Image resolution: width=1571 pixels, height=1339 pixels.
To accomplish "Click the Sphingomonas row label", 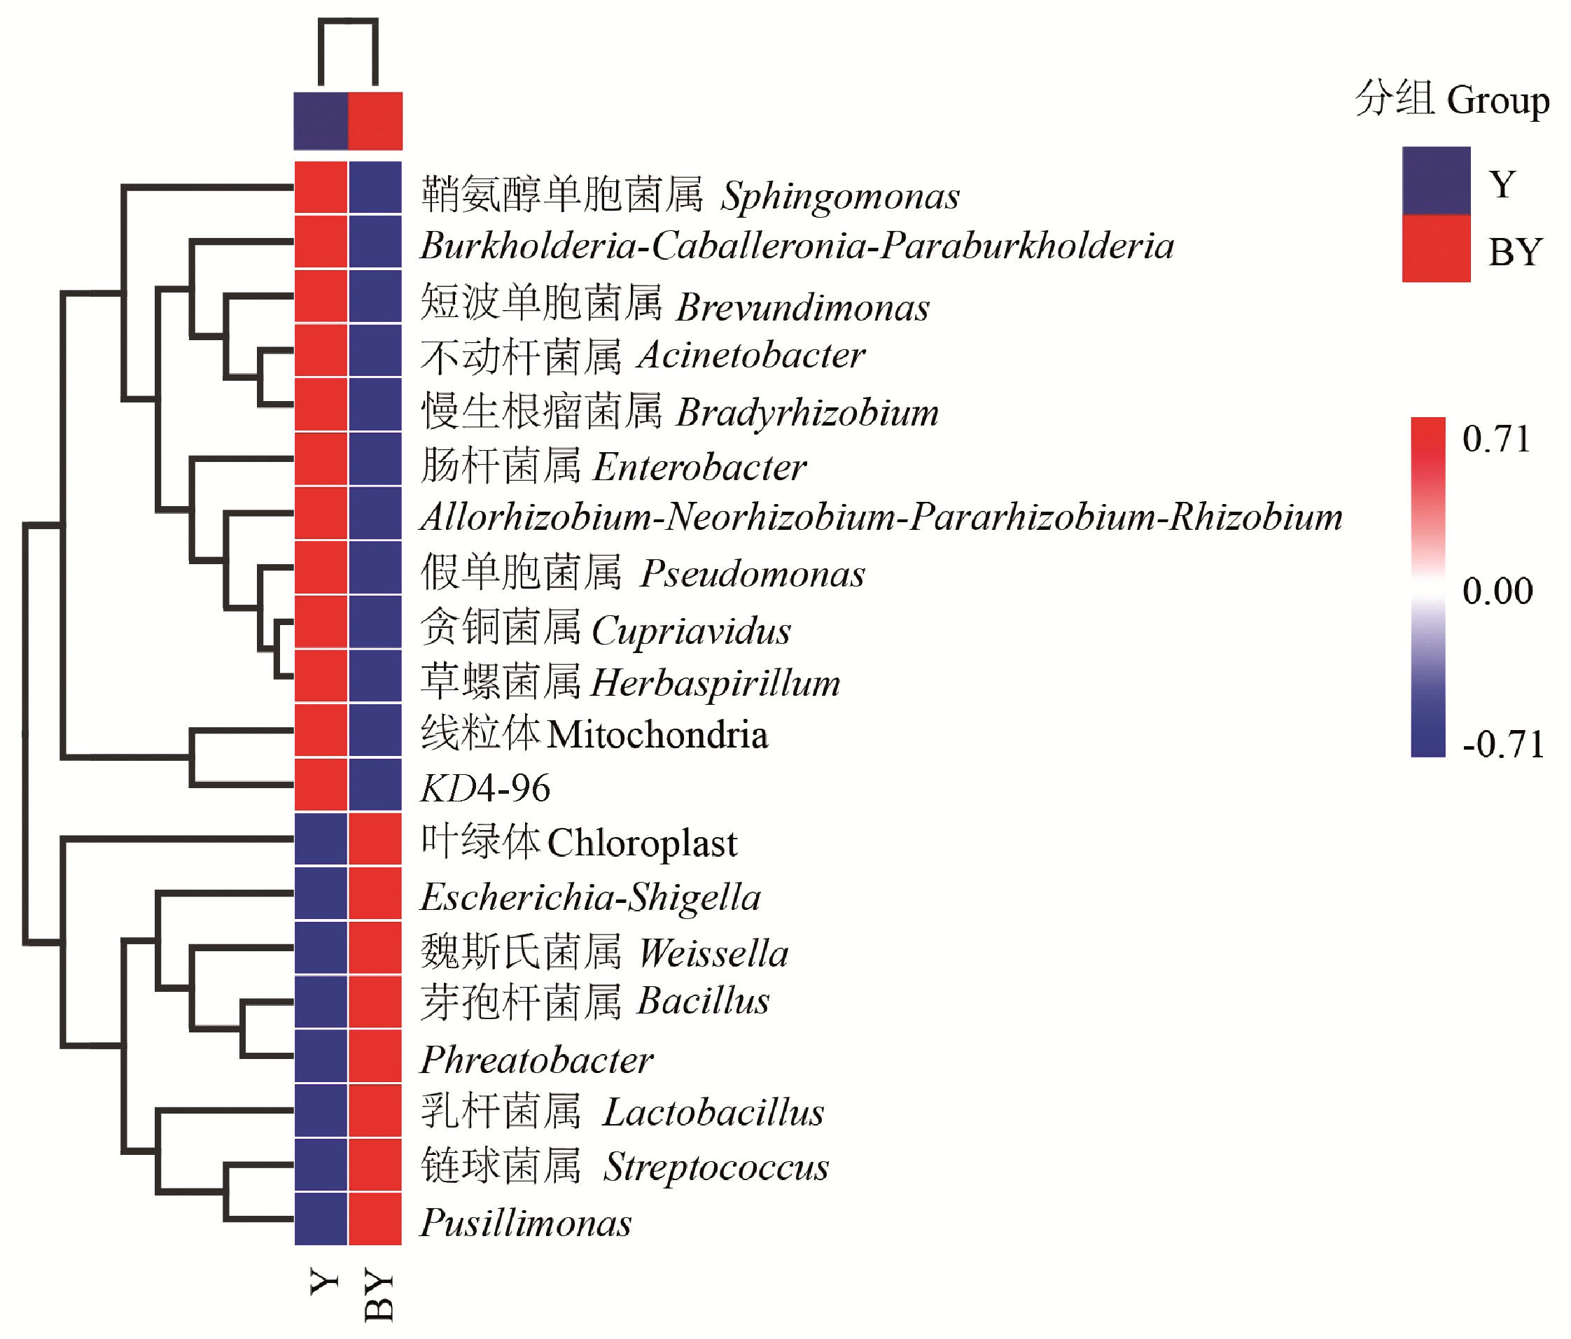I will (690, 195).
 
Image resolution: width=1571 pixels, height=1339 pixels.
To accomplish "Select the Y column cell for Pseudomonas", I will (321, 568).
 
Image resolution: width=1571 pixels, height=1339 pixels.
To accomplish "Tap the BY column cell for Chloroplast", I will (375, 839).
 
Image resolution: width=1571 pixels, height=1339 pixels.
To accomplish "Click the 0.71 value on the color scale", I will (1496, 439).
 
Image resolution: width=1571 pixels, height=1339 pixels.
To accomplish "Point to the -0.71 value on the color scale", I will (1502, 744).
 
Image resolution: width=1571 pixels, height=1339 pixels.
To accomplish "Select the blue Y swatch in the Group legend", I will (1435, 181).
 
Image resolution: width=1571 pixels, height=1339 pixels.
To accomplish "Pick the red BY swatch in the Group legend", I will (1435, 248).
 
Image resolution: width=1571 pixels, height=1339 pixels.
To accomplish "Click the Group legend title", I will (1451, 99).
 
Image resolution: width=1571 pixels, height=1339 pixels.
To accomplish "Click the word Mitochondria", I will (657, 735).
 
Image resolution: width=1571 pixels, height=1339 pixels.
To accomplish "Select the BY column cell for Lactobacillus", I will (375, 1111).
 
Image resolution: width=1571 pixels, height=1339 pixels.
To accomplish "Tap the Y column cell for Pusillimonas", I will (321, 1219).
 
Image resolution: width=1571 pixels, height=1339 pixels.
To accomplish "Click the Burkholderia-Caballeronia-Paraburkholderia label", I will (797, 246).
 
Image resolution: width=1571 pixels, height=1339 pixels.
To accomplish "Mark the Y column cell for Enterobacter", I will (321, 459).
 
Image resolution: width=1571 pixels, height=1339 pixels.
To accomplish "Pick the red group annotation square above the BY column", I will (375, 121).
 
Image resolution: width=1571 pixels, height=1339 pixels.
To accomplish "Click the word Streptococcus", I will (715, 1166).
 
